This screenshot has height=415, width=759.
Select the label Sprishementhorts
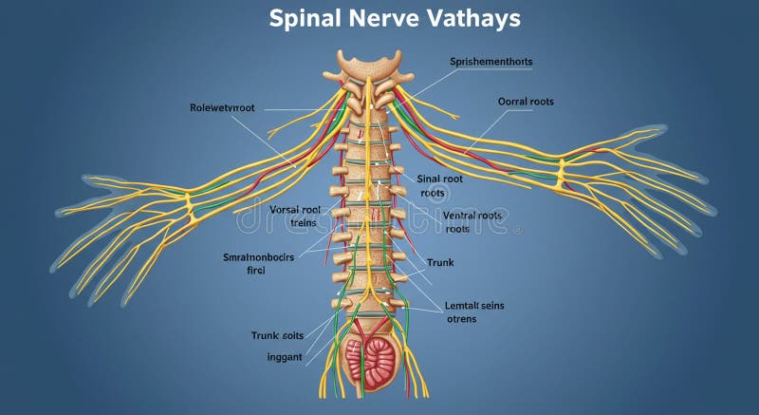point(491,62)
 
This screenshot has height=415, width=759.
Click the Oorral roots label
point(526,101)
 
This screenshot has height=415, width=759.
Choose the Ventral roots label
point(472,221)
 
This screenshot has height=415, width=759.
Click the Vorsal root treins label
point(294,215)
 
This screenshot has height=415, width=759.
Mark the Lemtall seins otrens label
point(474,311)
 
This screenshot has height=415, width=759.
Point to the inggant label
point(285,357)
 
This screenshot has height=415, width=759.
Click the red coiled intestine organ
point(369,361)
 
